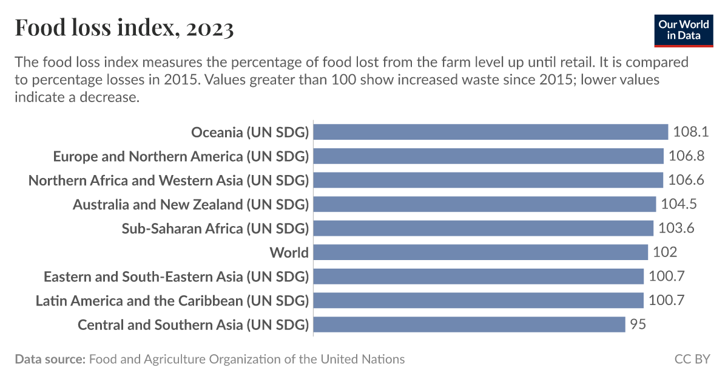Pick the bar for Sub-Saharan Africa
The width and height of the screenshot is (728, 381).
pyautogui.click(x=484, y=228)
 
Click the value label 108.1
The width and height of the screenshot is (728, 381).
pyautogui.click(x=690, y=132)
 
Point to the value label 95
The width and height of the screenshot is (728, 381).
pyautogui.click(x=638, y=324)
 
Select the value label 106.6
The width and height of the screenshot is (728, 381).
pyautogui.click(x=686, y=180)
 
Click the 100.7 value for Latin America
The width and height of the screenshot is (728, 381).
pyautogui.click(x=666, y=300)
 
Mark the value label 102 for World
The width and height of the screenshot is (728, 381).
pyautogui.click(x=665, y=252)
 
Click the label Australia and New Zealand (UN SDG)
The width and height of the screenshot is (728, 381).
pyautogui.click(x=190, y=204)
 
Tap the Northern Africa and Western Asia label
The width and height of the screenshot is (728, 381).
pyautogui.click(x=169, y=180)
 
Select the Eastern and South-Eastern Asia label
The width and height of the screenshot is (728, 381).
pyautogui.click(x=176, y=276)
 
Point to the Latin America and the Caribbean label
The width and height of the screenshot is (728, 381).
pyautogui.click(x=172, y=300)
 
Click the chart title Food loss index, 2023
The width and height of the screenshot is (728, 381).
pyautogui.click(x=124, y=28)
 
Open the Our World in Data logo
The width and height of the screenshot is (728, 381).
pyautogui.click(x=684, y=29)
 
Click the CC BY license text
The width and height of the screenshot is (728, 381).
pyautogui.click(x=692, y=359)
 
